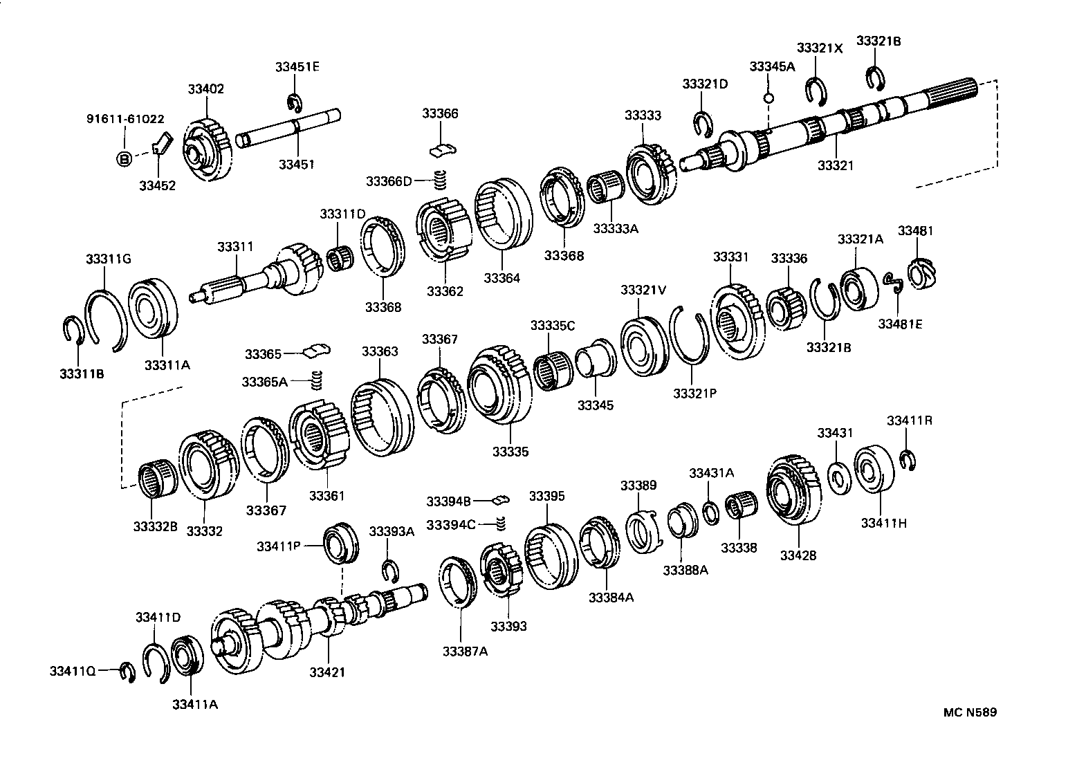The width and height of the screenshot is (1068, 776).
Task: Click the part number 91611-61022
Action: click(x=125, y=119)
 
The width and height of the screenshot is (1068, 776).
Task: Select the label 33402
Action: click(x=205, y=89)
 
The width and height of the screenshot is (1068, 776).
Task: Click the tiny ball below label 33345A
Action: click(x=768, y=97)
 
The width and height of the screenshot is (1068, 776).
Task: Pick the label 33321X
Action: click(x=820, y=48)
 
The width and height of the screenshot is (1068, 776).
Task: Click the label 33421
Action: click(x=327, y=672)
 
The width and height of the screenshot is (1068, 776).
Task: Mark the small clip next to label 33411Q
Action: click(x=127, y=671)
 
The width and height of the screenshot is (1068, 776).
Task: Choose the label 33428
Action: click(x=798, y=555)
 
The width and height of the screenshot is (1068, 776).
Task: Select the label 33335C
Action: click(x=553, y=325)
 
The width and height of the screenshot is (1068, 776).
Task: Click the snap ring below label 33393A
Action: click(x=391, y=570)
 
